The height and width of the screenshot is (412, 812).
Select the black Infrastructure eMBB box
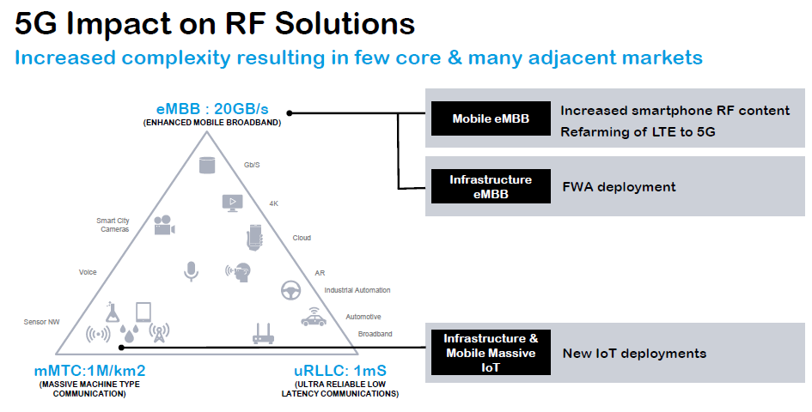490,186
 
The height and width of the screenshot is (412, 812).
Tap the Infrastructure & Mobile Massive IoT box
490,353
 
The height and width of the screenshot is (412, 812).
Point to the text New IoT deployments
634,353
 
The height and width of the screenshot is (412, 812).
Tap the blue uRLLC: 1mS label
339,372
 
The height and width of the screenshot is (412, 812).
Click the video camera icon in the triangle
163,226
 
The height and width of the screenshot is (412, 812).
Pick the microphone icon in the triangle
191,271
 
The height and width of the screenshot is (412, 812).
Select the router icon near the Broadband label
262,333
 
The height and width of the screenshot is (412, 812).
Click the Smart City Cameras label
113,225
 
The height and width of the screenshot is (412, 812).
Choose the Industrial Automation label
357,290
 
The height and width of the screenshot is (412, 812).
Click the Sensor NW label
40,323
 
